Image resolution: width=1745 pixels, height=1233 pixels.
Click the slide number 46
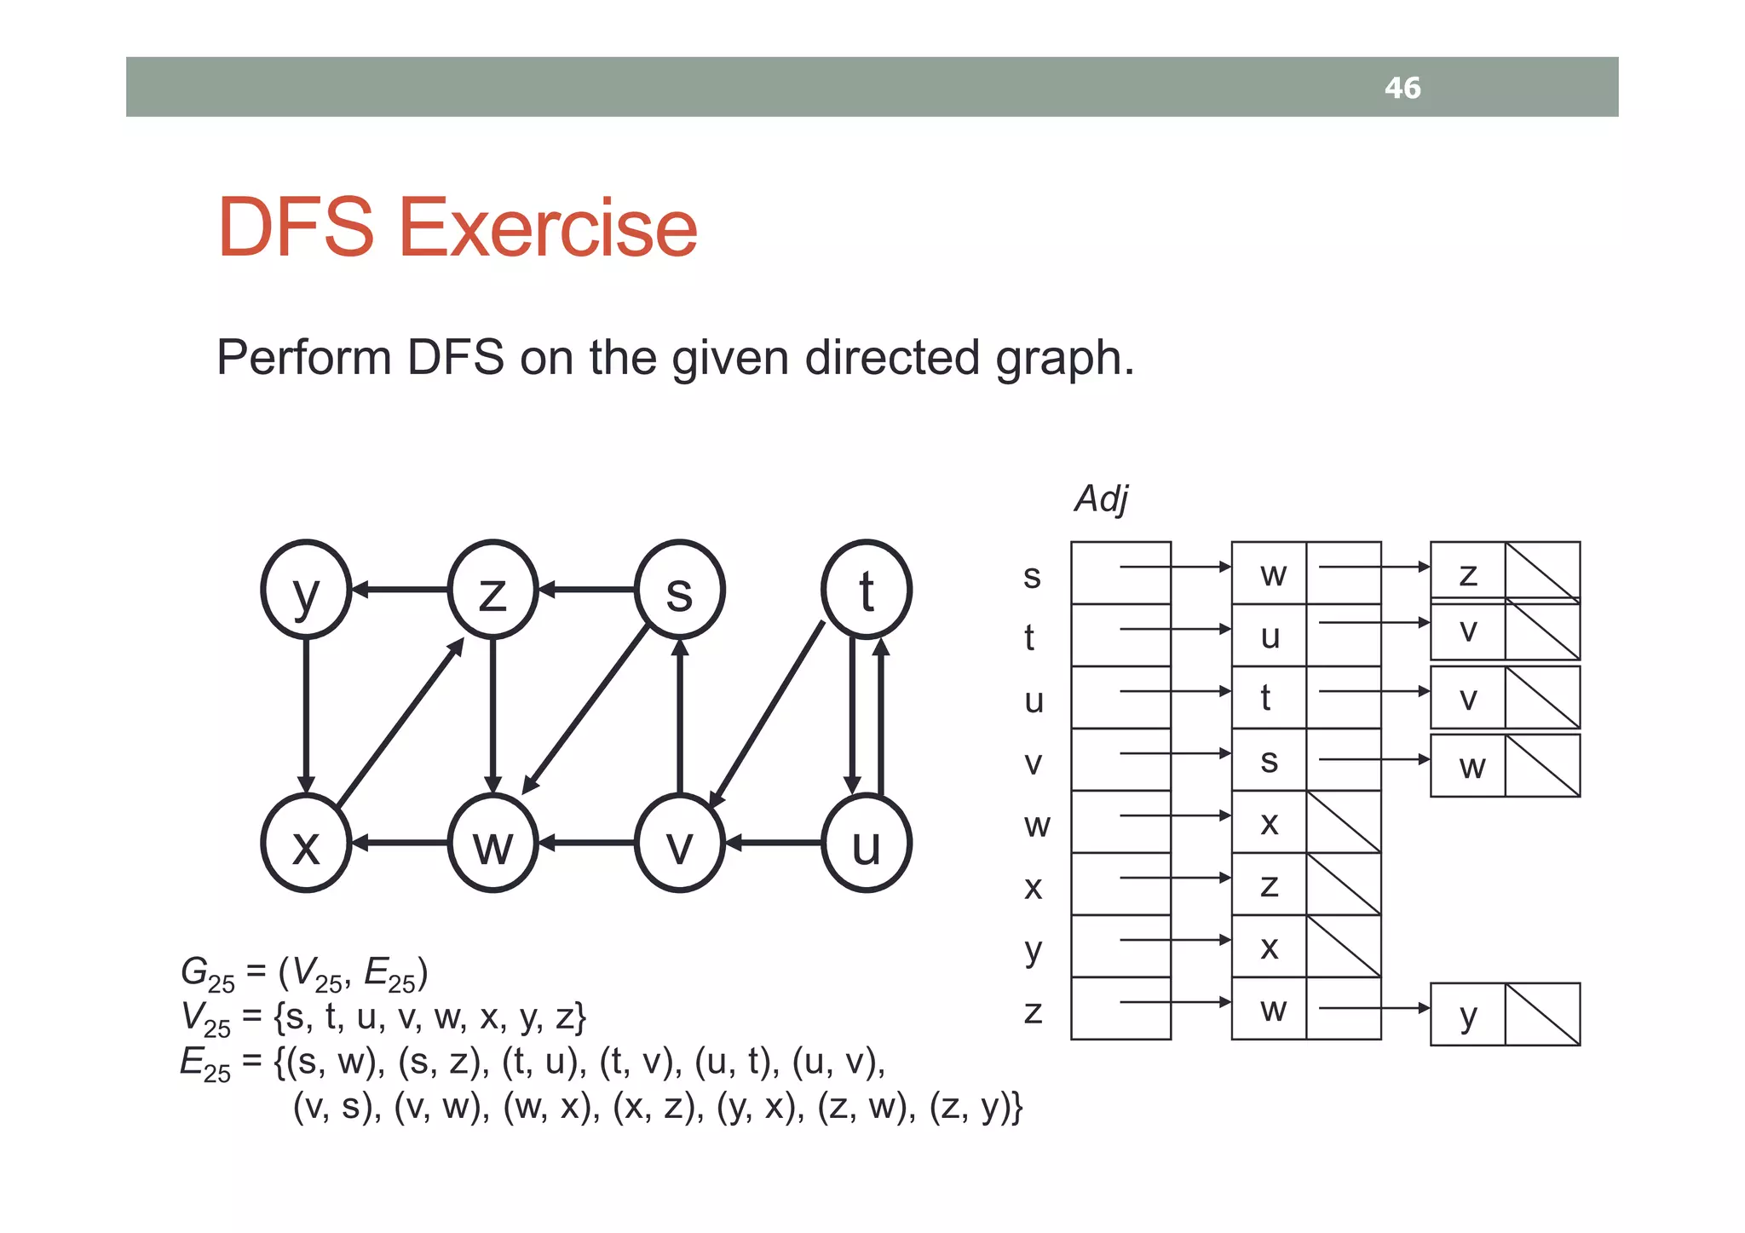1402,88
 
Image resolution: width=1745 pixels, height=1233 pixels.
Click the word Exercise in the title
548,228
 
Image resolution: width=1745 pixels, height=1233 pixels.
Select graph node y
306,589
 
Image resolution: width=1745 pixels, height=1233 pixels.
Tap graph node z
492,589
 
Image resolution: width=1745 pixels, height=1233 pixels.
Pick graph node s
679,589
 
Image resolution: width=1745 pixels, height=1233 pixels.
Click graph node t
867,589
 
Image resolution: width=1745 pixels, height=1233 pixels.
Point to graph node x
306,843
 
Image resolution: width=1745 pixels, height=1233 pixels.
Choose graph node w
492,843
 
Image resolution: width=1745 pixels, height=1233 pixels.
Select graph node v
679,843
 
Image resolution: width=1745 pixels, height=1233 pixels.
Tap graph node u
867,843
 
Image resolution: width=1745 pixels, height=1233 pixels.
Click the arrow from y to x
306,716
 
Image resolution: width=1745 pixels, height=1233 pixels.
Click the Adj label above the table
1101,498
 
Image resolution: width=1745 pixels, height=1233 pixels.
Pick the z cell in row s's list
1467,573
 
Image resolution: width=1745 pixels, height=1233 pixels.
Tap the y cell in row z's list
1467,1014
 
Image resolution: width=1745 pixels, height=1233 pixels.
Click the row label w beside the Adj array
1036,825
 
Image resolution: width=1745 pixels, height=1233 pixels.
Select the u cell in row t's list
1270,636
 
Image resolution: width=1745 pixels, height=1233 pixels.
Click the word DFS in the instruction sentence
455,357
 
